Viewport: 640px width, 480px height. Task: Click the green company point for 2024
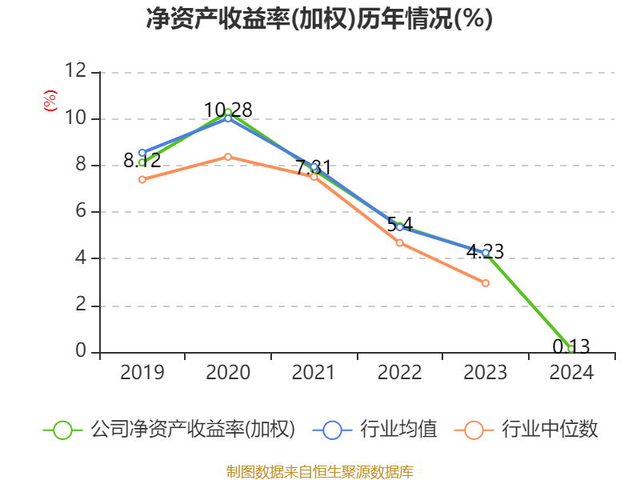coord(571,349)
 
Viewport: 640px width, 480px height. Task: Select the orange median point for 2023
coord(486,283)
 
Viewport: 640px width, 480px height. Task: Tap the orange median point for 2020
coord(228,157)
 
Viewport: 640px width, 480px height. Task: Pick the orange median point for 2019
coord(142,179)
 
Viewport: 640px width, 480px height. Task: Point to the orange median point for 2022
coord(400,242)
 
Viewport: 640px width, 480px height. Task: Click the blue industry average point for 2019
coord(142,153)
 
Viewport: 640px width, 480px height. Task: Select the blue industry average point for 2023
coord(486,253)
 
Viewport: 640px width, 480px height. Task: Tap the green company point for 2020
coord(228,112)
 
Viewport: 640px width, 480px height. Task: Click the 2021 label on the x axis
coord(314,373)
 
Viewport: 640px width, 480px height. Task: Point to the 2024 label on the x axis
coord(571,373)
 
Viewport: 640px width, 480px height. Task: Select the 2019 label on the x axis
coord(142,373)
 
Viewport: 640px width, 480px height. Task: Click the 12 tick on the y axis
coord(75,72)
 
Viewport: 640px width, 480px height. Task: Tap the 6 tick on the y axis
coord(80,212)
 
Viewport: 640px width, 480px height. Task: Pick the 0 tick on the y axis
coord(80,352)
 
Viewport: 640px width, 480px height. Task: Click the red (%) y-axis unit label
coord(50,102)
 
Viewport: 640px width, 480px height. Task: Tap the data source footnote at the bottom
coord(319,471)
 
